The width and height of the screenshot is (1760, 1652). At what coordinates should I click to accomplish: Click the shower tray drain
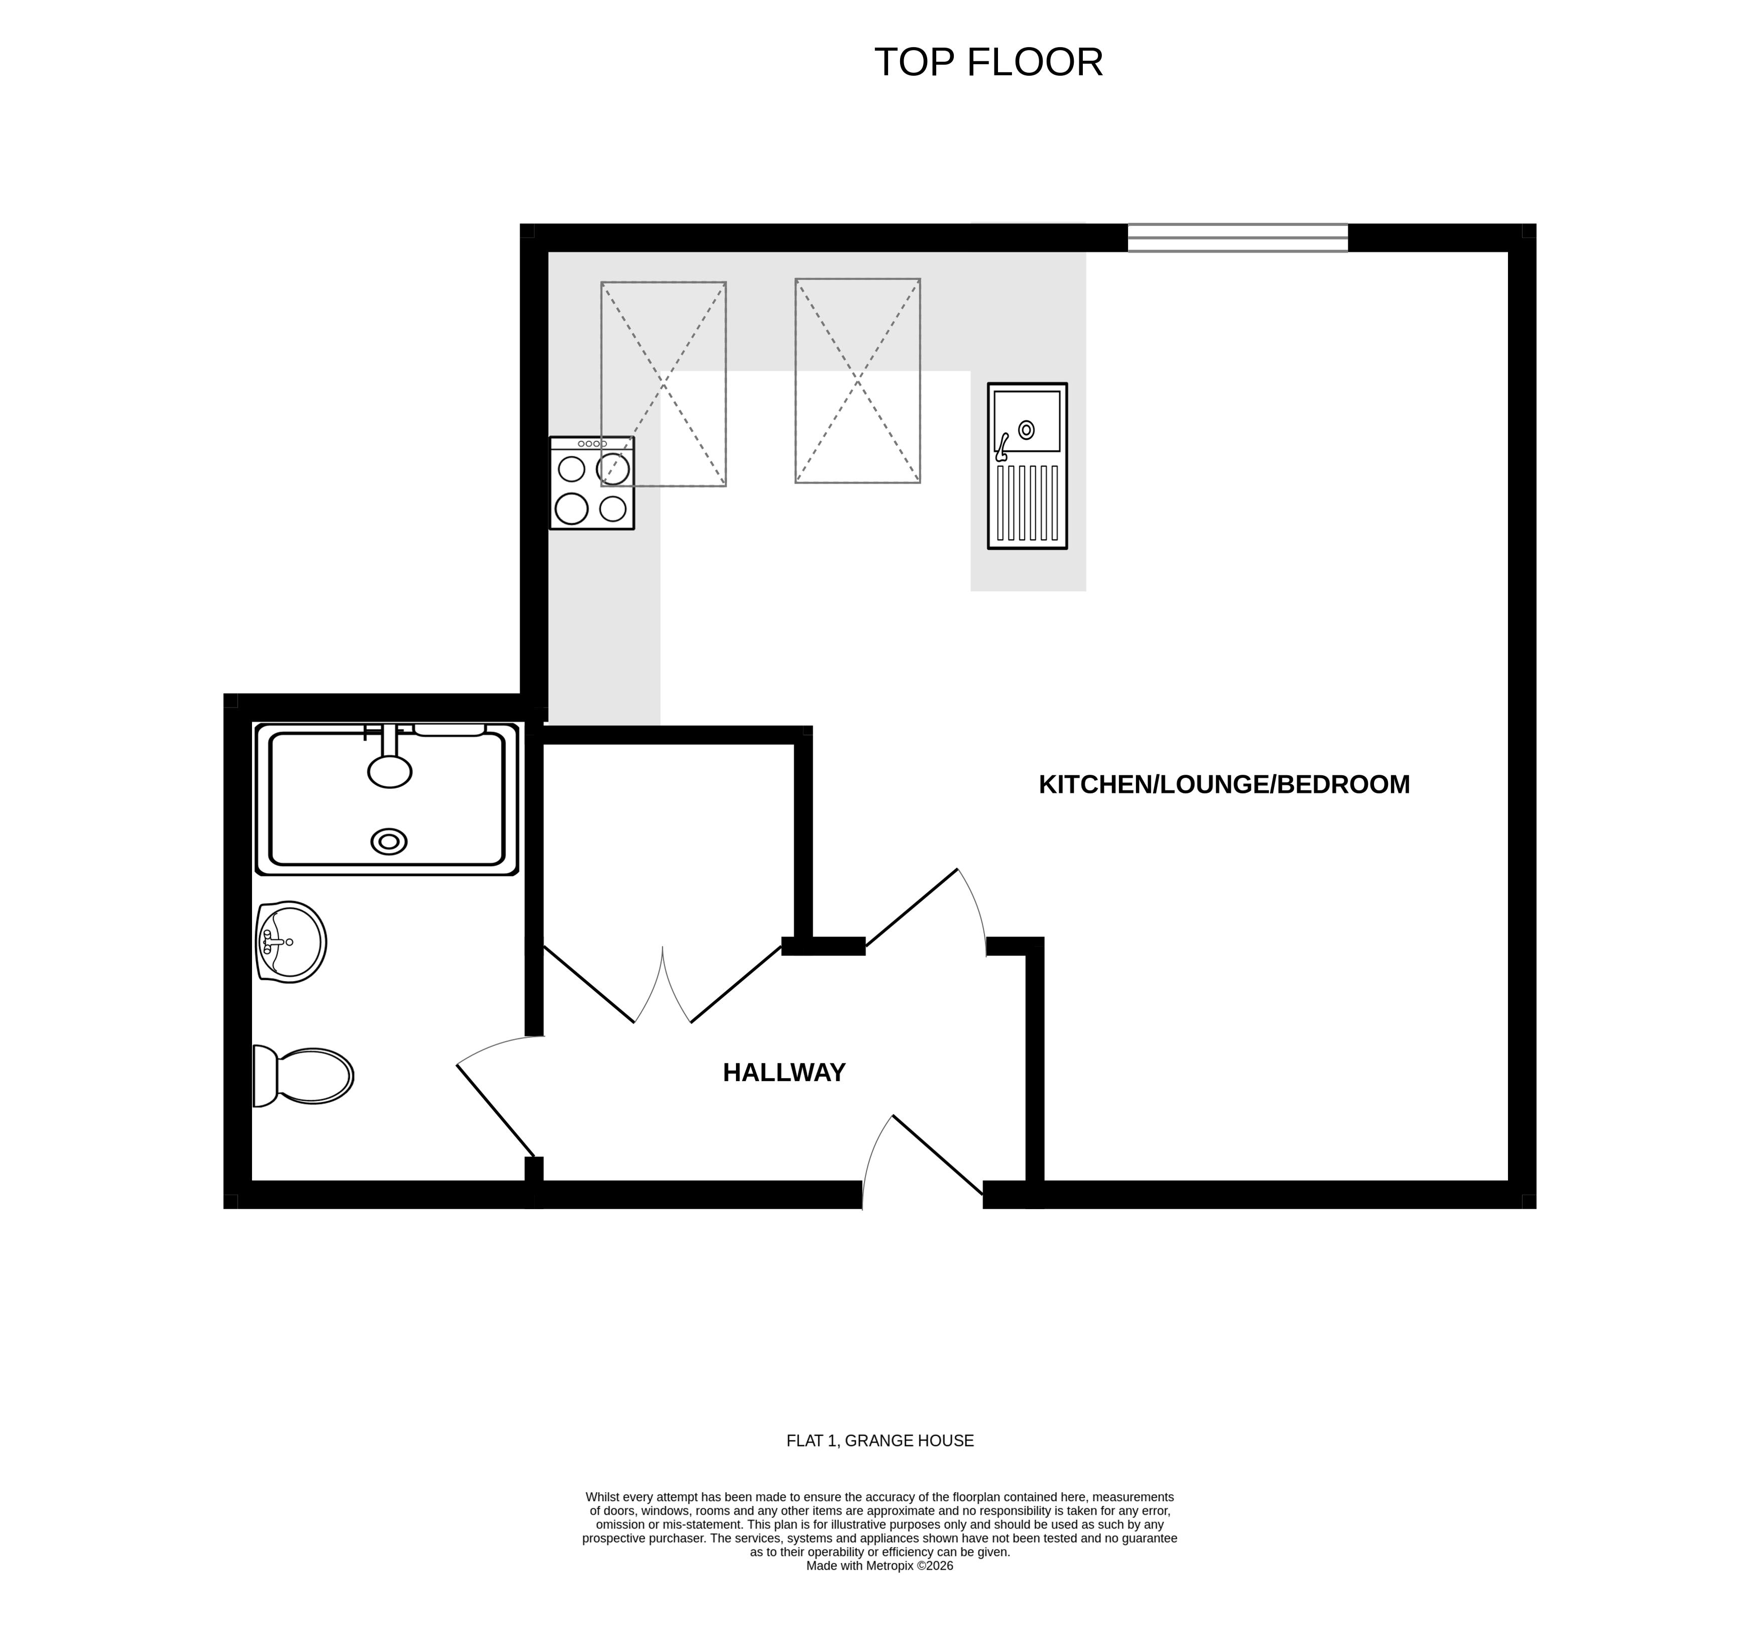[x=389, y=841]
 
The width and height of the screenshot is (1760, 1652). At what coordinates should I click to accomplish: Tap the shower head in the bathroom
[x=390, y=770]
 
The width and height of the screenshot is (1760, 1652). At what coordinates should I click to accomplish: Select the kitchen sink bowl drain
[x=1026, y=430]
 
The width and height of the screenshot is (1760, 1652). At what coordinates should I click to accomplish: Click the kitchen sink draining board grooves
[x=1027, y=502]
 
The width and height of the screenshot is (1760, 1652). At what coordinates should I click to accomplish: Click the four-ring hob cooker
[x=591, y=484]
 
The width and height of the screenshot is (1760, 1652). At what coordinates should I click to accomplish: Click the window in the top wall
[x=1237, y=238]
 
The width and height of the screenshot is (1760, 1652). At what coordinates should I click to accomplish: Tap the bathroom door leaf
[x=496, y=1111]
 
